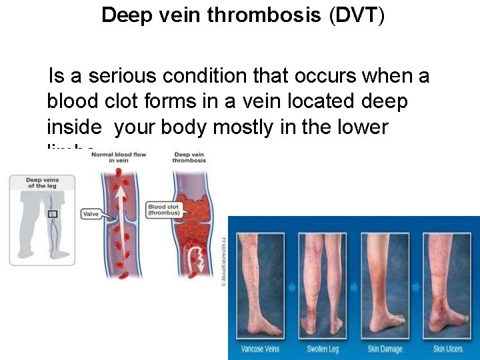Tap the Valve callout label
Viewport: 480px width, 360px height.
tap(91, 214)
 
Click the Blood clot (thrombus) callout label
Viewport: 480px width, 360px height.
tap(163, 210)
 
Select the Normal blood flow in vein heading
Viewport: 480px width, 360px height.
tap(119, 157)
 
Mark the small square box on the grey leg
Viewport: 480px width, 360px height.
tap(52, 213)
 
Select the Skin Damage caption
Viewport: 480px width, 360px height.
tap(386, 349)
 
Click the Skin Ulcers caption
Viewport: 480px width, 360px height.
tap(448, 349)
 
